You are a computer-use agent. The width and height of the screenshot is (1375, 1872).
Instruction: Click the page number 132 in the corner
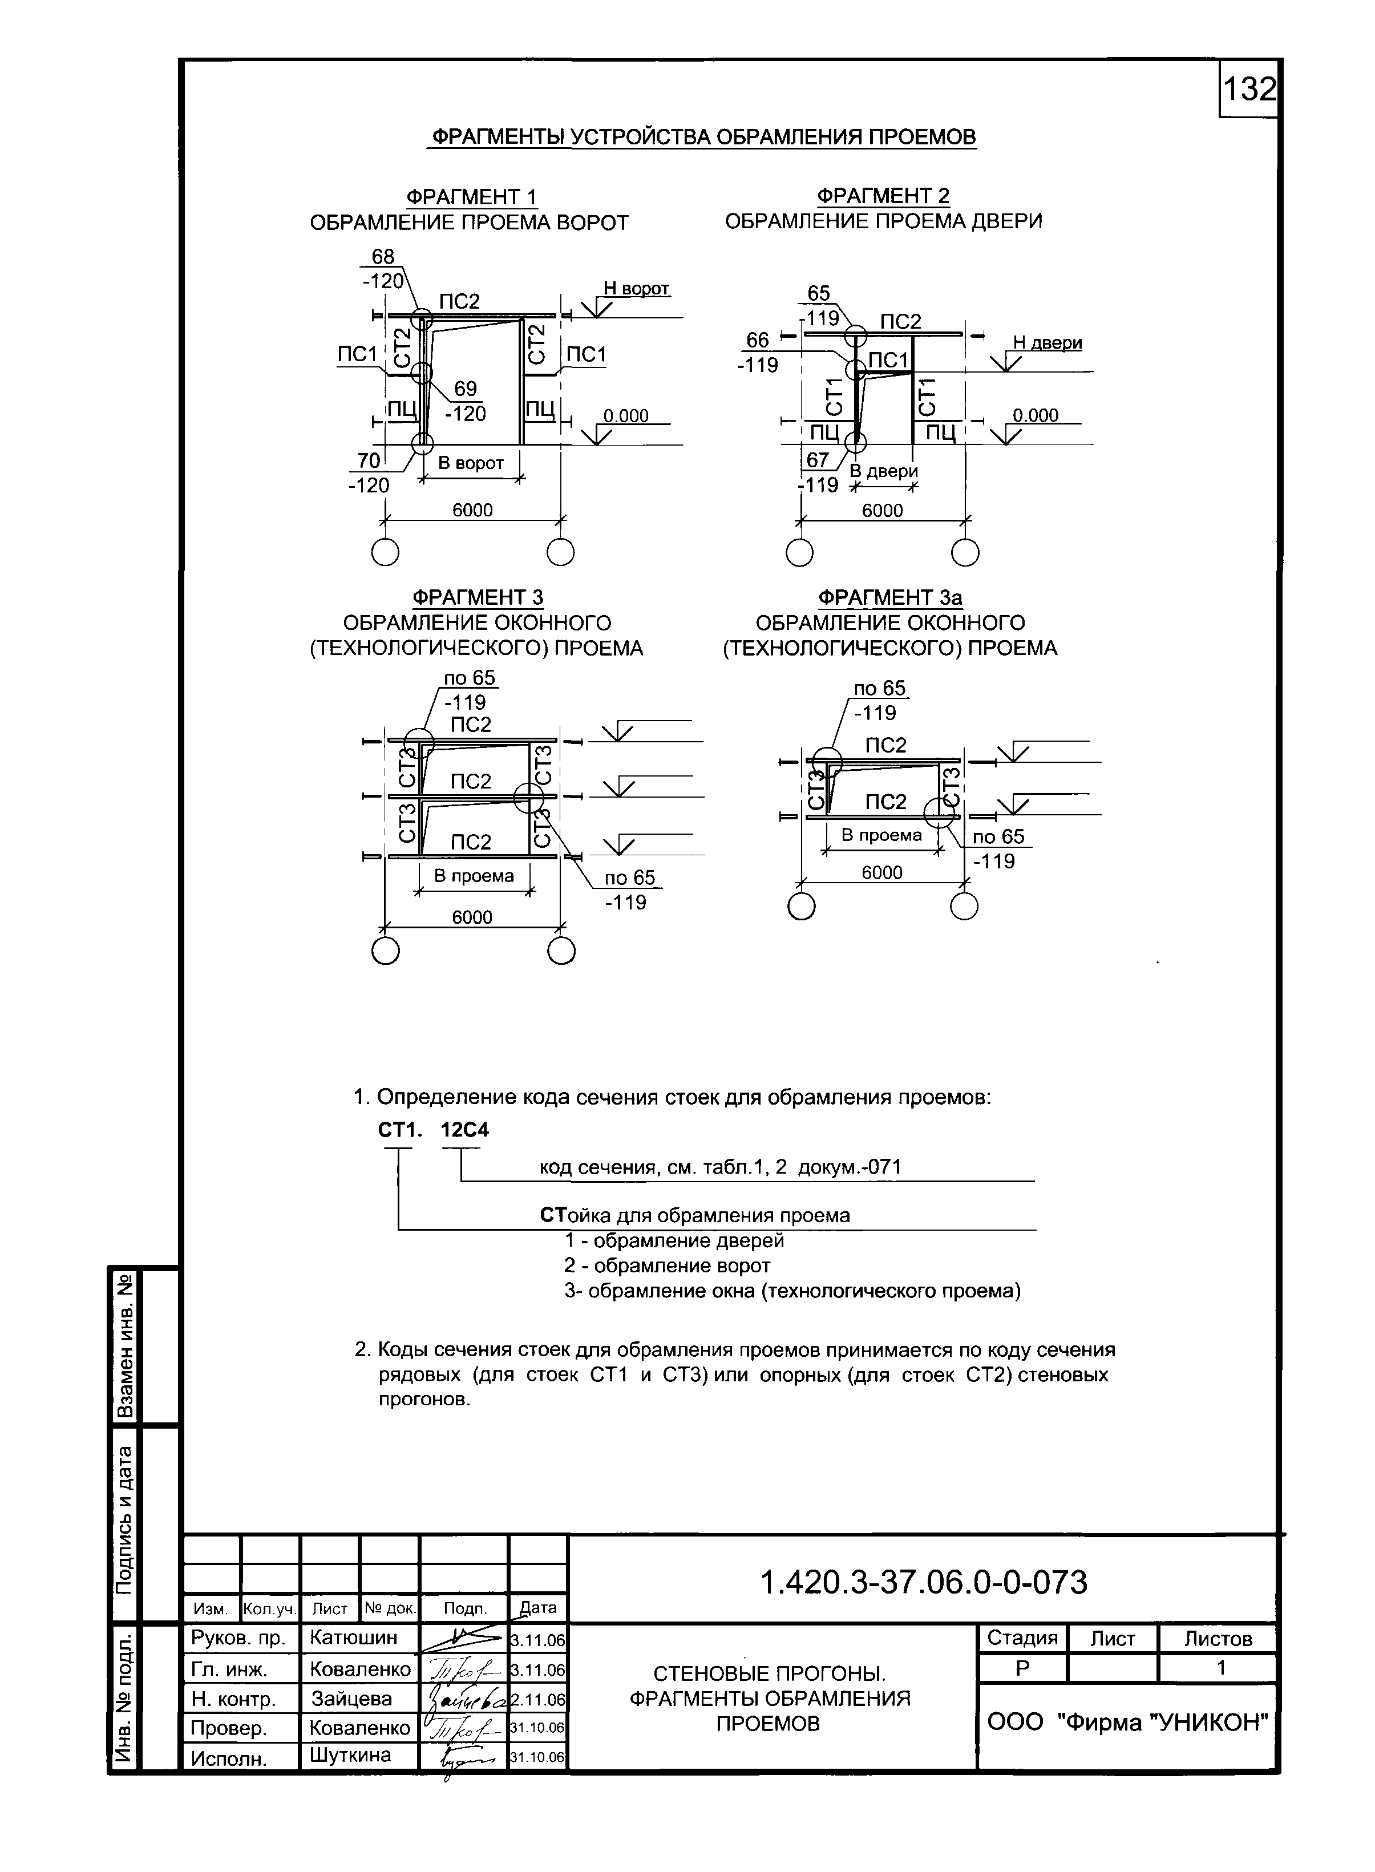(1248, 88)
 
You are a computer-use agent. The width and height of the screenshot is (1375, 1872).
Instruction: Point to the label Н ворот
(636, 288)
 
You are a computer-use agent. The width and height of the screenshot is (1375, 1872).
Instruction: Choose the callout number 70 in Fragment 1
(369, 460)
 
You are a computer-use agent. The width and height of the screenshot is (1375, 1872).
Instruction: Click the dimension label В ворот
(471, 464)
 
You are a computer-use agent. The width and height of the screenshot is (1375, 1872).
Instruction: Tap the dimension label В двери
(883, 471)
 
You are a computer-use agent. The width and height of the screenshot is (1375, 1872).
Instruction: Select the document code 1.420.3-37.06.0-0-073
(924, 1582)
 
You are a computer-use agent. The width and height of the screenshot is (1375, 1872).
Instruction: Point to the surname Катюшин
(353, 1638)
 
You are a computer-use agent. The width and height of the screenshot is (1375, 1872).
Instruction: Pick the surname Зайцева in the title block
(351, 1698)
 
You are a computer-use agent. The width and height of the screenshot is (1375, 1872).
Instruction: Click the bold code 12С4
(464, 1130)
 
